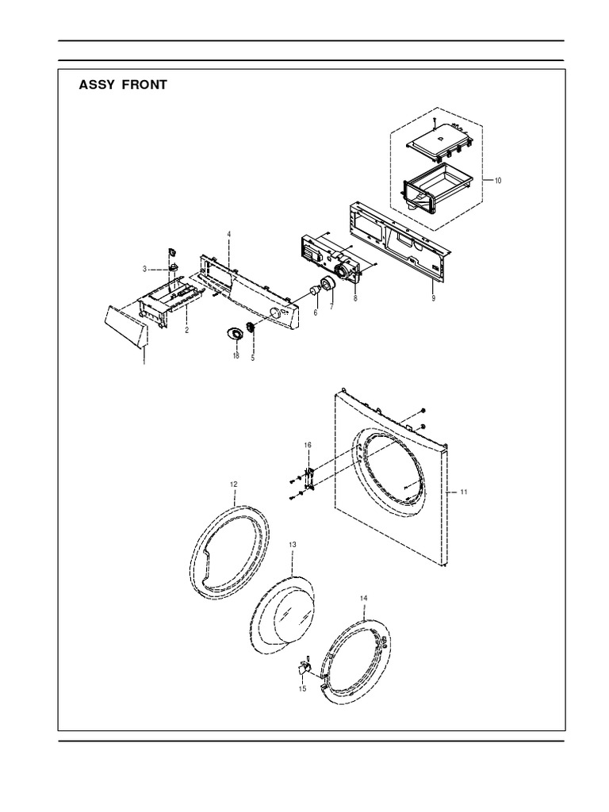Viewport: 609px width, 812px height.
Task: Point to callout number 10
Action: [498, 181]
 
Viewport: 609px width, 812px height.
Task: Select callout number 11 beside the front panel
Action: [464, 492]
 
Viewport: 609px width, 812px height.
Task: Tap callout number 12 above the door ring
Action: [233, 483]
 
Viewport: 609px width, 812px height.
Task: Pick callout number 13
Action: [292, 545]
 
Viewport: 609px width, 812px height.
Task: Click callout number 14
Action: [363, 597]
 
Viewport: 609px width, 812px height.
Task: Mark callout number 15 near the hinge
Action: [301, 688]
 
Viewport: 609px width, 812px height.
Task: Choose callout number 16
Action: [308, 447]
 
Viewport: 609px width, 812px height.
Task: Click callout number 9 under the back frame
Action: [434, 298]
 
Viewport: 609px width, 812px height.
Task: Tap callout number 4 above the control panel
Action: [228, 234]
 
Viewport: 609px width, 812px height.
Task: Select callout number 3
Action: [145, 269]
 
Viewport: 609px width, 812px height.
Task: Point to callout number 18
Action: [236, 356]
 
